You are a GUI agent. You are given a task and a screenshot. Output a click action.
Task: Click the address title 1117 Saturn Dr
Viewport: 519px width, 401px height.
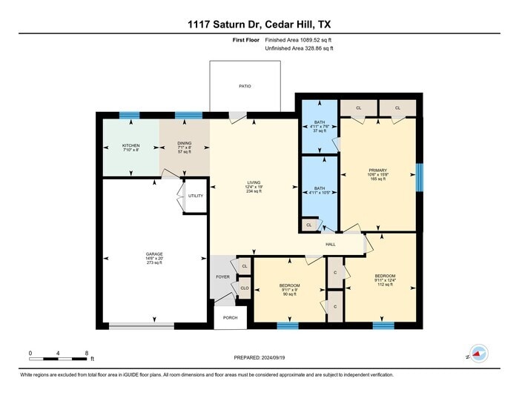tap(259, 24)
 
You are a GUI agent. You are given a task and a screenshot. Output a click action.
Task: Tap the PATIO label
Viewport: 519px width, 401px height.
tap(245, 87)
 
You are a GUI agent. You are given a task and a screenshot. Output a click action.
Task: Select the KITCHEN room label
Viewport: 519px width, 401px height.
tap(130, 145)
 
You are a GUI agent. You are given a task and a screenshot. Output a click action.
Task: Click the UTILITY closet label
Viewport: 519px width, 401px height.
tap(195, 196)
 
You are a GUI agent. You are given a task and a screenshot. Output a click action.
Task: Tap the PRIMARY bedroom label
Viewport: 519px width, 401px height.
tap(378, 170)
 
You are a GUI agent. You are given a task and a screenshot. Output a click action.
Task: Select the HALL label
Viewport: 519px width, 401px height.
tap(331, 245)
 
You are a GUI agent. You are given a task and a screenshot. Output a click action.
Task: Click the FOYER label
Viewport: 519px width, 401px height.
tap(222, 277)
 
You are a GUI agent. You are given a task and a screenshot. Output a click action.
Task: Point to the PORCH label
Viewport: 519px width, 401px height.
tap(230, 317)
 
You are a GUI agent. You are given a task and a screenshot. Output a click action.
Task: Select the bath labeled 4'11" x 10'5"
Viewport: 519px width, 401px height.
tap(320, 189)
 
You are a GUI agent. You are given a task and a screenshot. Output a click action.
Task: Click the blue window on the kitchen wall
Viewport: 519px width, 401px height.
tap(130, 116)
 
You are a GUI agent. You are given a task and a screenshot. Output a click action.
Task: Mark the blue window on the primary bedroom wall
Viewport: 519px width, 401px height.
tap(420, 177)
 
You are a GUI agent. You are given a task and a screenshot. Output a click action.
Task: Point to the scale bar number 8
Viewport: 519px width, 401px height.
tap(87, 353)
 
